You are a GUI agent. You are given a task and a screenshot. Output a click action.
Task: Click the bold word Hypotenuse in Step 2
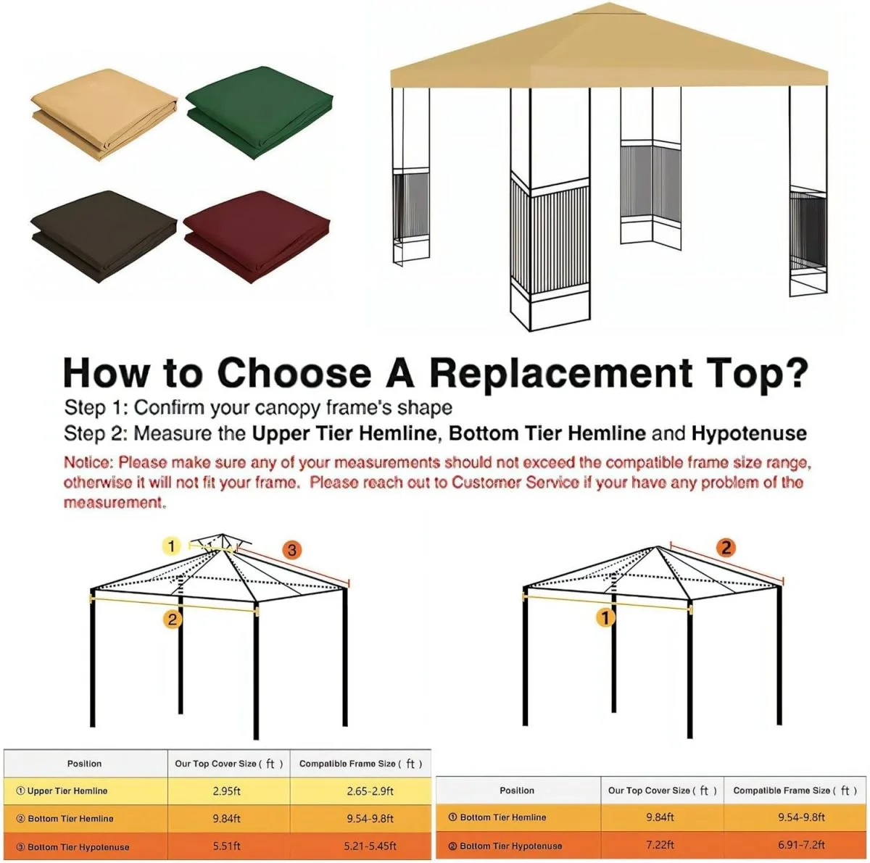coord(748,433)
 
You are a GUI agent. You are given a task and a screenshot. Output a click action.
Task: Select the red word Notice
coord(88,462)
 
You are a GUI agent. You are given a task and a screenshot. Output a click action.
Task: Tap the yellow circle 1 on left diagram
coord(171,546)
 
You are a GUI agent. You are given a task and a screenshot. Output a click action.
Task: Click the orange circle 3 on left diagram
coord(291,550)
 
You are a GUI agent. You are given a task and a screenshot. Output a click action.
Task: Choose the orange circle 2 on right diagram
coord(726,548)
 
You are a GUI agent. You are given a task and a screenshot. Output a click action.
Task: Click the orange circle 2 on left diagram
coord(172,619)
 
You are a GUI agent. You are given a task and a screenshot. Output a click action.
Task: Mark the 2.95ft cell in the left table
coord(227,791)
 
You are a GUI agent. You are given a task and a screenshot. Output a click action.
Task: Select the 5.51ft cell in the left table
coord(227,846)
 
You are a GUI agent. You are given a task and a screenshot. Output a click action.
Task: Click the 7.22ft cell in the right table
coord(660,845)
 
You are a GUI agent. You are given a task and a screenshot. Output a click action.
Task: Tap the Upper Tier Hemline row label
coord(67,791)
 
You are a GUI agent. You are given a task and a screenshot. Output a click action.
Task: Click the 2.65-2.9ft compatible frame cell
coord(370,791)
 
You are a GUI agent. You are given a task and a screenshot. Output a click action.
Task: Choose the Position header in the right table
coord(517,791)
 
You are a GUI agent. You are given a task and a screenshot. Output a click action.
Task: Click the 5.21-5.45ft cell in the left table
coord(370,846)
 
